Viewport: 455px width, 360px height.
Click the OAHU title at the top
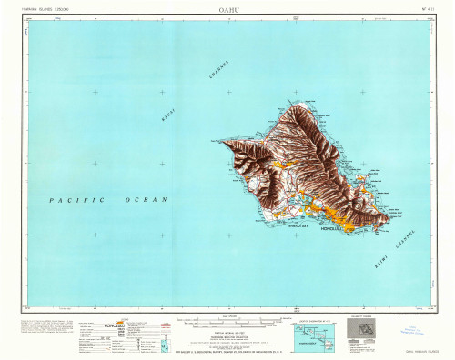click(x=227, y=11)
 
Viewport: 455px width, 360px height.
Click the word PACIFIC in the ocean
click(x=77, y=199)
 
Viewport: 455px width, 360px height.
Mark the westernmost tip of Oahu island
click(x=219, y=141)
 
